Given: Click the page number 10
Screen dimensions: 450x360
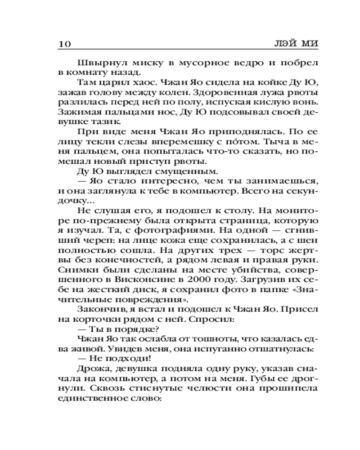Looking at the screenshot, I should point(64,44).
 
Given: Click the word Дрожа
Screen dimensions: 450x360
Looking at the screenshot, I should point(91,371).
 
